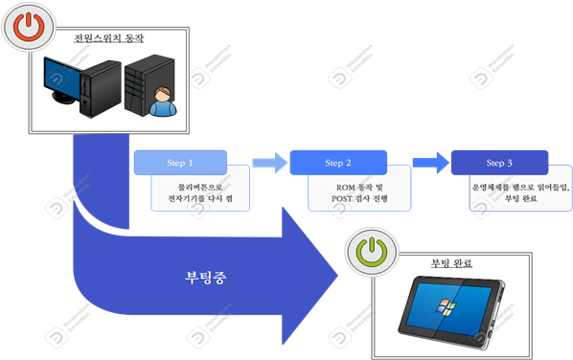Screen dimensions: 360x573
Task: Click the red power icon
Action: (x=28, y=28)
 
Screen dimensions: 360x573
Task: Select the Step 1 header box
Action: (x=180, y=163)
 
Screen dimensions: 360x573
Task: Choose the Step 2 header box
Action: (x=338, y=163)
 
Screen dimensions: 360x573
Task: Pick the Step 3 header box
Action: (x=499, y=163)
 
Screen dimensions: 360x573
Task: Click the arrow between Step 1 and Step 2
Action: (x=269, y=163)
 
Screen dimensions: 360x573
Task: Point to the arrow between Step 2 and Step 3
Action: (x=430, y=162)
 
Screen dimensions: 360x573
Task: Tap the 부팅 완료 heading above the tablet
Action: (x=451, y=262)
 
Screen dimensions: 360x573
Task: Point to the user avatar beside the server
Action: (x=164, y=101)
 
